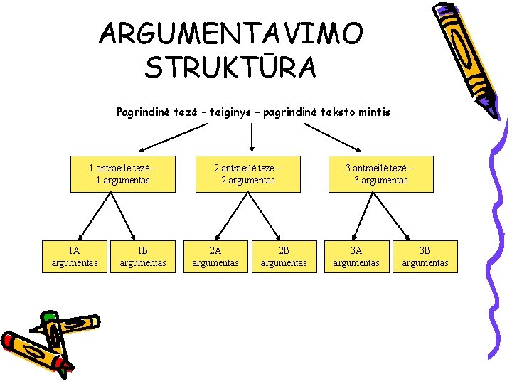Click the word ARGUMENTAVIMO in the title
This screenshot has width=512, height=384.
(231, 33)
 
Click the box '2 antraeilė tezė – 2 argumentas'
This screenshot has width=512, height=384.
(248, 174)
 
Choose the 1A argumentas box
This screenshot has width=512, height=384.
(75, 257)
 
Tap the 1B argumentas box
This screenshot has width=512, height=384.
(143, 257)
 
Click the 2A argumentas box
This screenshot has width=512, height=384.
(215, 257)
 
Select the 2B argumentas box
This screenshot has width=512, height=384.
(284, 257)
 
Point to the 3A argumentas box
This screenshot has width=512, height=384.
(356, 257)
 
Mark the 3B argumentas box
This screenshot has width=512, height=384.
(425, 257)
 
